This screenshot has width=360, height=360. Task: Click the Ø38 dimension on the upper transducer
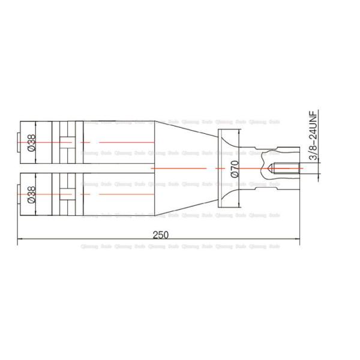point(32,142)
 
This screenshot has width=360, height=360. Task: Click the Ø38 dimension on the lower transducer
point(32,195)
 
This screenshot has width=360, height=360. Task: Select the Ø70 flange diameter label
point(235,169)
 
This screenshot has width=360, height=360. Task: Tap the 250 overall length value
point(160,235)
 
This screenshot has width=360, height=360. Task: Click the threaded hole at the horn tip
point(282,169)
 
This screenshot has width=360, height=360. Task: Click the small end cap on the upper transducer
point(19,142)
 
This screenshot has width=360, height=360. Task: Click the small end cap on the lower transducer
point(19,195)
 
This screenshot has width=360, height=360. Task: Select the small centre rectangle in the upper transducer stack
point(66,142)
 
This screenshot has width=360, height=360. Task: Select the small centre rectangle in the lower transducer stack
point(66,195)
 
